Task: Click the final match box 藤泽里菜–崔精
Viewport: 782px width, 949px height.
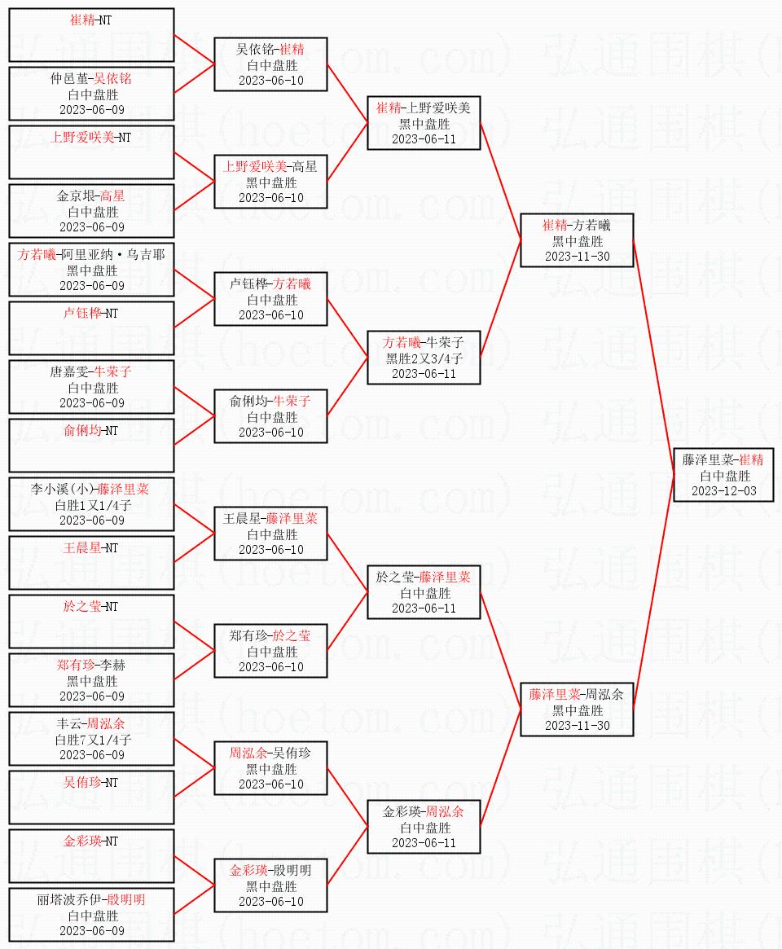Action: [x=723, y=475]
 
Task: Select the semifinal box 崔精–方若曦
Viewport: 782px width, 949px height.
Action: [x=577, y=240]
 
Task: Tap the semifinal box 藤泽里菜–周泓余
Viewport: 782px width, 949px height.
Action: [x=577, y=710]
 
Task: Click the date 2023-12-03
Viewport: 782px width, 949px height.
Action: [x=723, y=491]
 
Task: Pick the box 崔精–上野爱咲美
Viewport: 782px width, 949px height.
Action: [x=424, y=123]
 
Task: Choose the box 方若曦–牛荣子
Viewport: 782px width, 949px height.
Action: [x=424, y=358]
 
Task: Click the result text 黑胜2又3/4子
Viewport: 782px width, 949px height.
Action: [x=424, y=358]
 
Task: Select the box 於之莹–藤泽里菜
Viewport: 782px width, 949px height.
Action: [x=424, y=592]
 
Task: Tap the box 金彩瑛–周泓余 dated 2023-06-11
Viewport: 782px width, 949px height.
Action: [x=424, y=827]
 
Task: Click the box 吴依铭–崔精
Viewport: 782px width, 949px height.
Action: [x=270, y=64]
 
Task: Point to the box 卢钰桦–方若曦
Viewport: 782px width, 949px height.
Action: [x=270, y=299]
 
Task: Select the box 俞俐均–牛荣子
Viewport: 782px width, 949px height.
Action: [x=270, y=416]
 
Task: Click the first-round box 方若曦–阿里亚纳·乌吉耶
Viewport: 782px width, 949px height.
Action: [x=91, y=270]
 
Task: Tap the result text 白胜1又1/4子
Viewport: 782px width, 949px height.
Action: [x=91, y=505]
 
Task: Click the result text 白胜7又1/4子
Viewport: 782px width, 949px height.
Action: [x=91, y=740]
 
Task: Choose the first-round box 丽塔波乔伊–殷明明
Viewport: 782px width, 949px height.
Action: [x=91, y=915]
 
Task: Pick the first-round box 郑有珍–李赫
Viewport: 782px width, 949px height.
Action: [x=91, y=680]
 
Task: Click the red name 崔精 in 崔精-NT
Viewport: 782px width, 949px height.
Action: [x=82, y=20]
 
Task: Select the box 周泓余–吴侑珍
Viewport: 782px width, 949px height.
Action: [x=270, y=768]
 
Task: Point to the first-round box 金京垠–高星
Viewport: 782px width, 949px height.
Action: [x=91, y=211]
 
